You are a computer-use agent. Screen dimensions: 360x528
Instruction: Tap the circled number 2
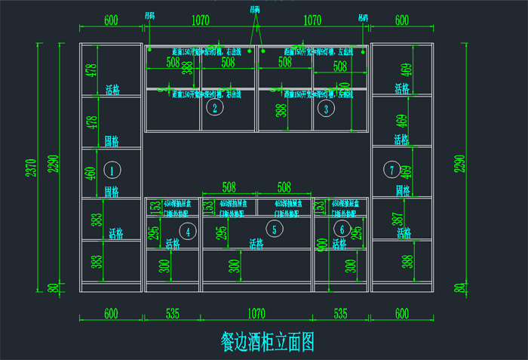[215, 108]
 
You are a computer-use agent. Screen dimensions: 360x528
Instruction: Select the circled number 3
[326, 108]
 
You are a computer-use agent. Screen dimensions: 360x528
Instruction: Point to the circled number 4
[188, 229]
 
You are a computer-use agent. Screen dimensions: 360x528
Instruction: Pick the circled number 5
[275, 229]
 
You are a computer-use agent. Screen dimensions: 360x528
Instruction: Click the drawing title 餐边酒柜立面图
[267, 342]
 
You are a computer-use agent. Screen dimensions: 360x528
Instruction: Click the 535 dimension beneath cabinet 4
[171, 312]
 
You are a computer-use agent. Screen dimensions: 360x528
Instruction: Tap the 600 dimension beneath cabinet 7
[401, 312]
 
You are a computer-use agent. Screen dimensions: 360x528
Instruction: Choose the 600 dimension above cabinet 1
[111, 21]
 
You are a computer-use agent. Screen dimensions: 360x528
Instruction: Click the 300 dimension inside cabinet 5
[235, 265]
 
